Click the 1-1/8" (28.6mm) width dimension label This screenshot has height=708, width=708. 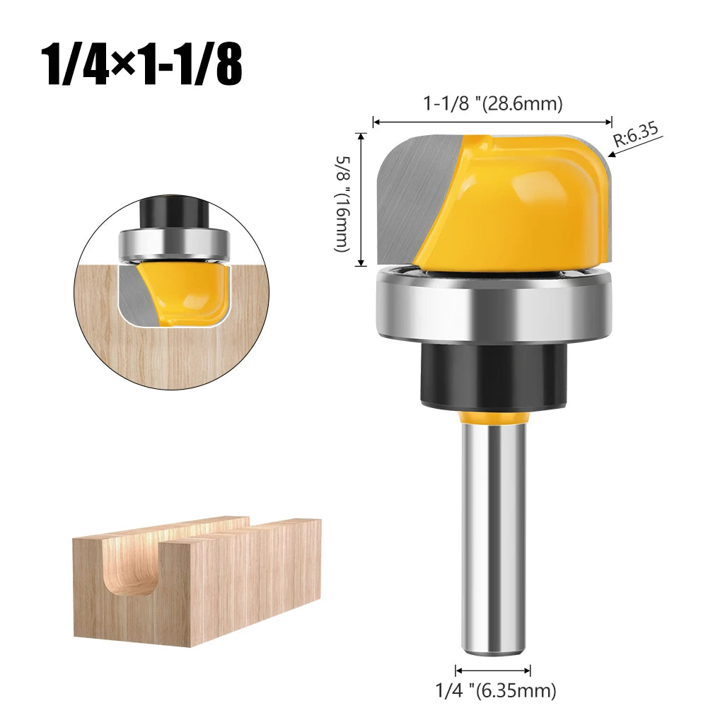pos(493,104)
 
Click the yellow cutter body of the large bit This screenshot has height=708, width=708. pos(523,205)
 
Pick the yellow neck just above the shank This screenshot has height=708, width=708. pos(493,417)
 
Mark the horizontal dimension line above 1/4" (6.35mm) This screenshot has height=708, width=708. pos(493,670)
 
